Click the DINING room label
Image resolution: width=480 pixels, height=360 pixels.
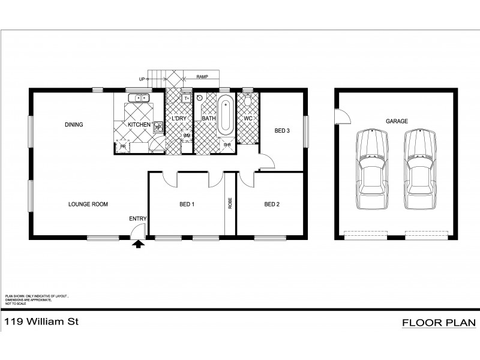point(74,125)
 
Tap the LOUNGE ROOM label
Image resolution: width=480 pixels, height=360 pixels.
point(88,205)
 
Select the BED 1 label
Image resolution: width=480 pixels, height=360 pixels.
point(187,205)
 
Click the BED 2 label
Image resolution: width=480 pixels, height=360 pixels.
point(272,205)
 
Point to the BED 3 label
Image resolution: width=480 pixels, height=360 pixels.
point(283,130)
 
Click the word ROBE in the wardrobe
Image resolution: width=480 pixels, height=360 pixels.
point(230,203)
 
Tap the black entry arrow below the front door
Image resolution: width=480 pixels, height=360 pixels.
point(139,244)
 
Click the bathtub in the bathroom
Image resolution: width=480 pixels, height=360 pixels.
point(225,116)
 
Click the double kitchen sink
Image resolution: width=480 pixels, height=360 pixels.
point(141,97)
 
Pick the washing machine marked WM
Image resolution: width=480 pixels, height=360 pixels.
point(187,136)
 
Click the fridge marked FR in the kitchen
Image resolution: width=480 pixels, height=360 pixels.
point(123,146)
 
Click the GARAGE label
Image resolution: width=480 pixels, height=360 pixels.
point(397,121)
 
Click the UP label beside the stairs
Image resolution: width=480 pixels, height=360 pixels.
point(142,79)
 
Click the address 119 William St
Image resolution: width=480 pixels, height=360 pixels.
point(42,322)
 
